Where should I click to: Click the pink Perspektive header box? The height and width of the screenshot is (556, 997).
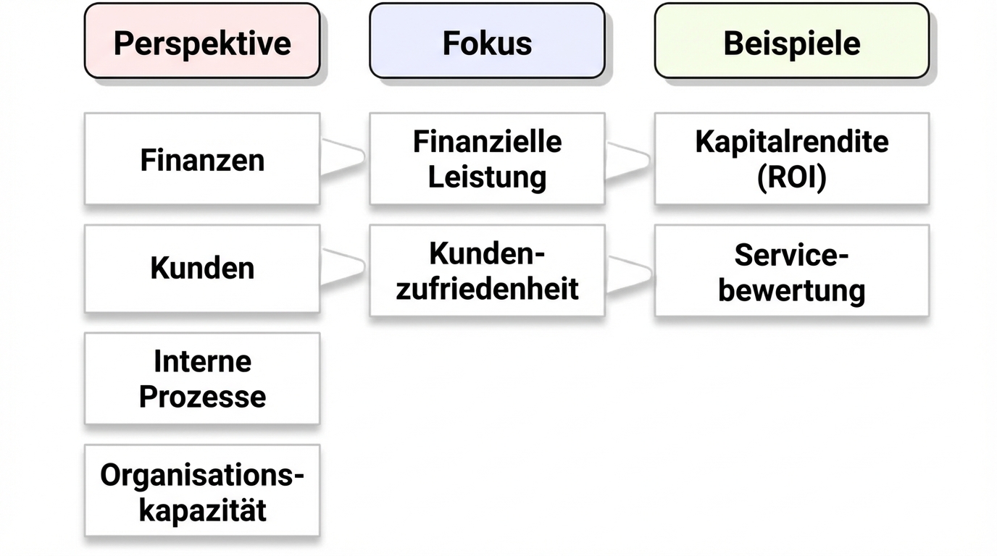coord(201,41)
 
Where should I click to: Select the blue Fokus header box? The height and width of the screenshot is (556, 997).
coord(487,41)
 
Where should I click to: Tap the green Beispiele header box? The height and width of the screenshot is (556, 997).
coord(791,41)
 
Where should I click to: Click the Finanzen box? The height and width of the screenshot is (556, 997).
coord(201,159)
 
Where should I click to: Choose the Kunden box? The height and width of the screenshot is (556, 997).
coord(201,269)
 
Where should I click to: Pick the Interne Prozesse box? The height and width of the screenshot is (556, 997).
coord(201,379)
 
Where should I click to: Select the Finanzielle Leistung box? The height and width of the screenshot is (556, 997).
coord(487,159)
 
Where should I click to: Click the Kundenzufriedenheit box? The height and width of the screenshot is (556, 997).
coord(487,271)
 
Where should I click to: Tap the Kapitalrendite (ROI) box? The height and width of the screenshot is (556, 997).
coord(791,159)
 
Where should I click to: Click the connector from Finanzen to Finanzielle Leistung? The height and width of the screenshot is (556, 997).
coord(343,156)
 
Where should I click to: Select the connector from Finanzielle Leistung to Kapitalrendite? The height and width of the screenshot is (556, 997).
coord(628,159)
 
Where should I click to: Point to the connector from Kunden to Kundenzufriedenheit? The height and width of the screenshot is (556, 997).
coord(343,267)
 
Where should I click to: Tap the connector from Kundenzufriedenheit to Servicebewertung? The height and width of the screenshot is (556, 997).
coord(628,273)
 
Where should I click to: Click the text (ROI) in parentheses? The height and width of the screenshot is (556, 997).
coord(791,177)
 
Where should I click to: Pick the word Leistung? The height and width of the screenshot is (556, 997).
coord(487,177)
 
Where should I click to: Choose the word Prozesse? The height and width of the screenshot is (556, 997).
coord(202,397)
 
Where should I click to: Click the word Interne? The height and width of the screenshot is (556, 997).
coord(202,361)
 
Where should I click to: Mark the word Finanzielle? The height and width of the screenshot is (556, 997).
coord(487,142)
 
